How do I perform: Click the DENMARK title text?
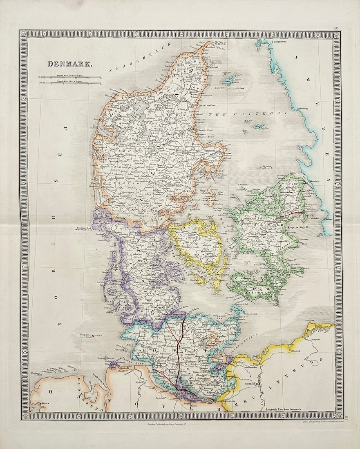click(x=70, y=64)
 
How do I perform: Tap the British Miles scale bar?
click(x=70, y=77)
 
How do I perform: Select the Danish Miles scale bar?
click(x=70, y=83)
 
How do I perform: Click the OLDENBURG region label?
click(x=76, y=392)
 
